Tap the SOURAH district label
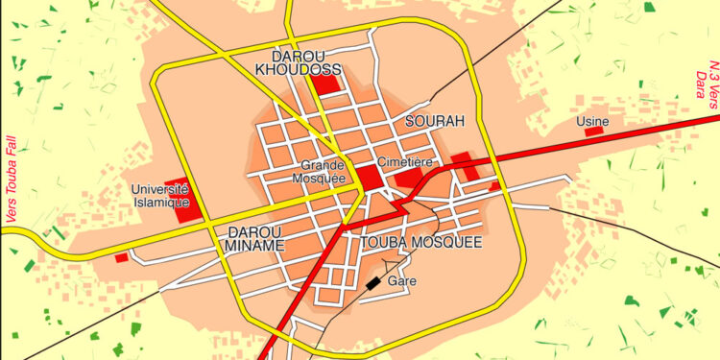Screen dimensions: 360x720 pos(434,121)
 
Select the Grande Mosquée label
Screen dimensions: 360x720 pos(322,172)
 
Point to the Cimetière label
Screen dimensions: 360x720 pos(403,162)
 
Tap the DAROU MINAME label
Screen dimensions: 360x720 pos(255,239)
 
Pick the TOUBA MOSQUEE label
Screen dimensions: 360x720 pos(420,243)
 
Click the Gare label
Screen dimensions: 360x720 pos(400,282)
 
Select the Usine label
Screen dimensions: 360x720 pos(591,122)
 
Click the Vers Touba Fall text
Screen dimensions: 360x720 pos(12,180)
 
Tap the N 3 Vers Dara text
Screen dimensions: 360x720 pos(706,87)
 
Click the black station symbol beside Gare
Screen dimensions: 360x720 pos(372,283)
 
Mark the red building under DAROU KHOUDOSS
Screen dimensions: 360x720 pos(327,84)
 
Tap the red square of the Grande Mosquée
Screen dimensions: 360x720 pos(369,178)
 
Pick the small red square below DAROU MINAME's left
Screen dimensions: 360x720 pos(121,257)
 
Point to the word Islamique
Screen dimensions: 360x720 pos(159,203)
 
